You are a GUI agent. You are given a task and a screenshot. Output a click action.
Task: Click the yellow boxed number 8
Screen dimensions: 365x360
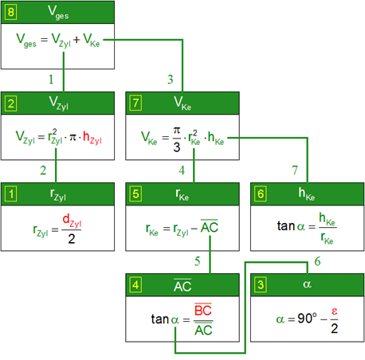[11, 12]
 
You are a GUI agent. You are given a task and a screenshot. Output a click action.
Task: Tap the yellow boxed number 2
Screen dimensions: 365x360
[11, 104]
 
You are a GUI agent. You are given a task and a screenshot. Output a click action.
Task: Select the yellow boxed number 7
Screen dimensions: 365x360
[135, 104]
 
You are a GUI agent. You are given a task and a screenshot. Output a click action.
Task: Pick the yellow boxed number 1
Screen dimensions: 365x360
[11, 194]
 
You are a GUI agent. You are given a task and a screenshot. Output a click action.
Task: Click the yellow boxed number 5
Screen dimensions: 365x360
[135, 194]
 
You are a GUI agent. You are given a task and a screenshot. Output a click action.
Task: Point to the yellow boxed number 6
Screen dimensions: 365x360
[261, 194]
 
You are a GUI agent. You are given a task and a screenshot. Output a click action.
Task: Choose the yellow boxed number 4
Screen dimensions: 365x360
[135, 285]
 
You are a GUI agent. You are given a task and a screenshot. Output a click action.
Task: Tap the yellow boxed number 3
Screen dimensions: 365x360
[261, 285]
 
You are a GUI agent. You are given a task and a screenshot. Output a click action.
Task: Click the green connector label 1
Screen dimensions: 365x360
[51, 80]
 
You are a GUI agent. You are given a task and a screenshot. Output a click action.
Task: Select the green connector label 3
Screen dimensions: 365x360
[171, 80]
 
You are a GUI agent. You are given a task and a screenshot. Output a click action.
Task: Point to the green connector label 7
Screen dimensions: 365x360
[295, 170]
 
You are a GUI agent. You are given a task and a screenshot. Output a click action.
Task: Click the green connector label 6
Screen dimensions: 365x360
[317, 261]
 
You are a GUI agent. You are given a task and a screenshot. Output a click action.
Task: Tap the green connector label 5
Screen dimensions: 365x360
[197, 261]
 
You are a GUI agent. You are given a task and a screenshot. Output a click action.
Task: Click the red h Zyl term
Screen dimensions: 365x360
[92, 138]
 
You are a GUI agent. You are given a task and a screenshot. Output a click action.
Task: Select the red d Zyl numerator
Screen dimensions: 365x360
[72, 221]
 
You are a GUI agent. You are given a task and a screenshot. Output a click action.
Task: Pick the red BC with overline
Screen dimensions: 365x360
[203, 310]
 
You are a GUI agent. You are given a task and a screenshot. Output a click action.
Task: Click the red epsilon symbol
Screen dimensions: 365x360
[335, 311]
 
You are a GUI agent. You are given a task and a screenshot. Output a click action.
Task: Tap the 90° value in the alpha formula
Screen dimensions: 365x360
[307, 318]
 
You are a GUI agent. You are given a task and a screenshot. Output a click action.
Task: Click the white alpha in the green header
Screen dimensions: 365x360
[307, 284]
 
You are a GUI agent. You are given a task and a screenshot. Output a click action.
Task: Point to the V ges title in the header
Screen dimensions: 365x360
[58, 13]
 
